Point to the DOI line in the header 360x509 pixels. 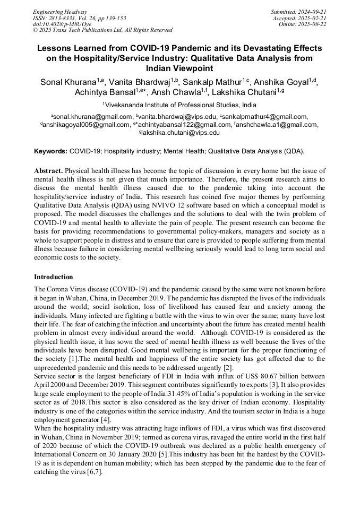(62, 24)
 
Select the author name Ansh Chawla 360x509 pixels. (183, 92)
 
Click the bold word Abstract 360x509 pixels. (49, 171)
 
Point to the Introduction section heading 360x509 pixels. (54, 277)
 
